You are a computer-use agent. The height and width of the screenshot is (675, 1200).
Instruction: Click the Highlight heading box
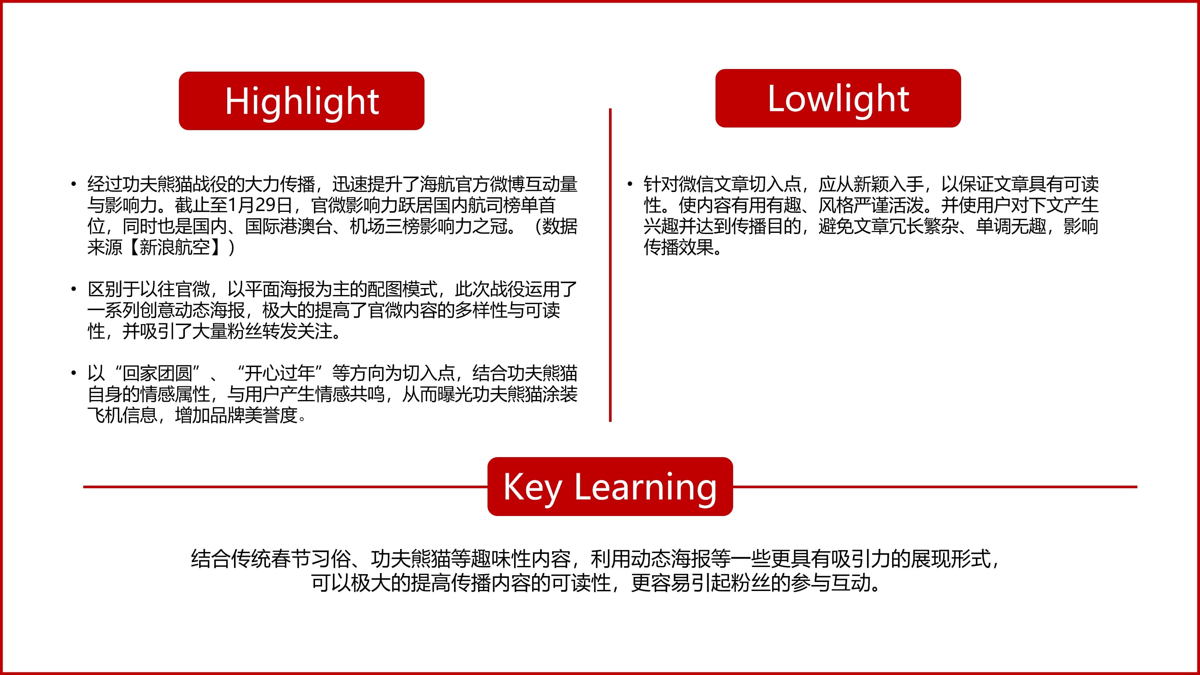tap(301, 100)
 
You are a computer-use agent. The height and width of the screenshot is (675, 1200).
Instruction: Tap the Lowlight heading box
tap(838, 98)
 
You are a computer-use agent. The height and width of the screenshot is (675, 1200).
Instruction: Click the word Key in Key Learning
tap(532, 487)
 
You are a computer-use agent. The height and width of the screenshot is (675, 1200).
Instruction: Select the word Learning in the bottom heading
tap(646, 487)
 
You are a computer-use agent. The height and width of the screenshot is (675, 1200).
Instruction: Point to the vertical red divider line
tap(610, 265)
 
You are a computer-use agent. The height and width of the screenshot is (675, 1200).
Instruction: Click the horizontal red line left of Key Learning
tap(285, 487)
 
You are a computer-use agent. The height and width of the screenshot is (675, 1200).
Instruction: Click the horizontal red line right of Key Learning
tap(935, 487)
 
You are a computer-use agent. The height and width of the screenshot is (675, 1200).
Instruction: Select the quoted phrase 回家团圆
tap(157, 373)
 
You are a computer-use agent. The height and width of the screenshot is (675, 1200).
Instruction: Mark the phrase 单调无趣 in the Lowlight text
tap(1011, 226)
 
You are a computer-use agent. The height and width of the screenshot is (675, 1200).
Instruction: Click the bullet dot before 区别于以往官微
tap(73, 289)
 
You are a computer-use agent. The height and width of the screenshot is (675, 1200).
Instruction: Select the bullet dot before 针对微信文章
tap(630, 184)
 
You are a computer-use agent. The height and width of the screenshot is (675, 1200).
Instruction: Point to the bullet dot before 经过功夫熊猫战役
tap(73, 184)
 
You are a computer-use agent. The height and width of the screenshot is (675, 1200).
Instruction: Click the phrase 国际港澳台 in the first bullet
tap(289, 226)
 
